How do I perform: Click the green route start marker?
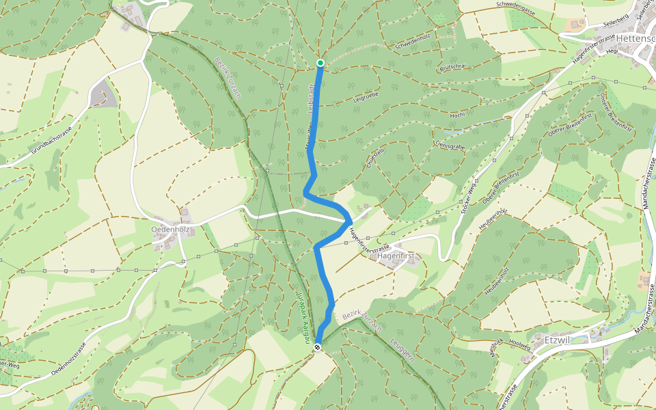pos(320,64)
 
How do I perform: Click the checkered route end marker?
pos(317,348)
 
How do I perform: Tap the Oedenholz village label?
pos(169,230)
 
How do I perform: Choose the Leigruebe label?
pos(366,101)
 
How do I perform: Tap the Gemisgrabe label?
pos(449,144)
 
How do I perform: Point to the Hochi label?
pos(457,115)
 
